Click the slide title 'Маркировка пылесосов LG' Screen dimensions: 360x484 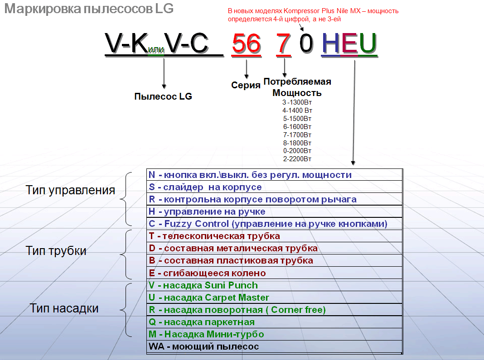(x=89, y=9)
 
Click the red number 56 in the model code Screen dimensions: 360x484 (x=246, y=44)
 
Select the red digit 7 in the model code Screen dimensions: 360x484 (x=284, y=44)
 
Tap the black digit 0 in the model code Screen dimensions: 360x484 (x=306, y=44)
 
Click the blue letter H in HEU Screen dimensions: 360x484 (x=331, y=44)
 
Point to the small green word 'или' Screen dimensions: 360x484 (x=156, y=50)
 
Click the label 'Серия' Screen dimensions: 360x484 (x=246, y=86)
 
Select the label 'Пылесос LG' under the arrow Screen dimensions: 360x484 (x=163, y=96)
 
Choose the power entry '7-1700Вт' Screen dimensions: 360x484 (x=297, y=134)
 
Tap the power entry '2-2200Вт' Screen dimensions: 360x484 (x=297, y=159)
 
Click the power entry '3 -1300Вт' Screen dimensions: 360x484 (x=297, y=102)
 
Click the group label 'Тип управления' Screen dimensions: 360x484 (x=70, y=190)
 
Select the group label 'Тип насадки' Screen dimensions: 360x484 (x=64, y=309)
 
